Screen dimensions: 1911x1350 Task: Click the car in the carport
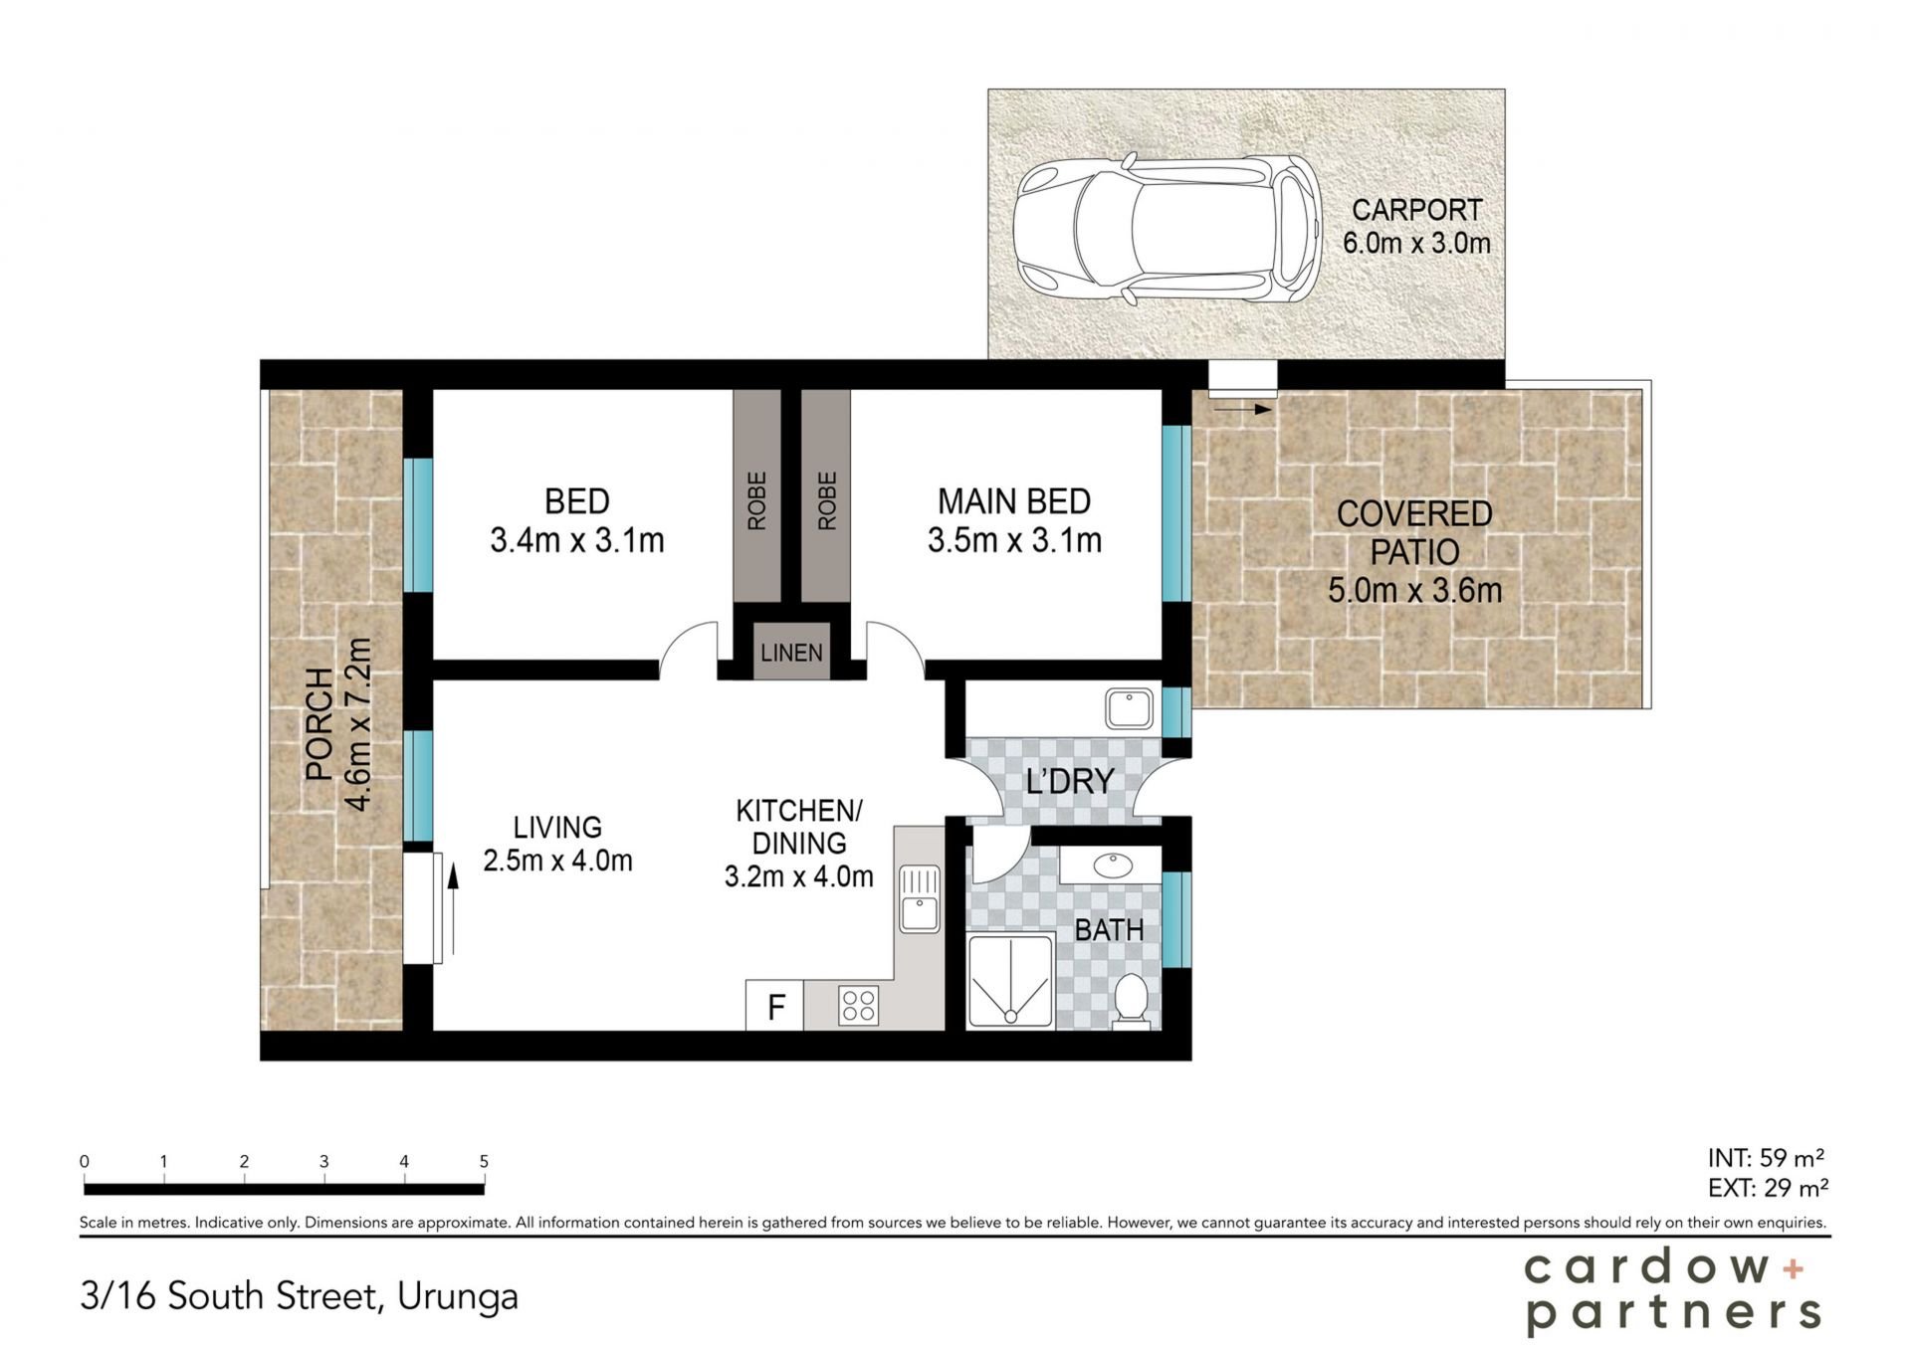(1168, 230)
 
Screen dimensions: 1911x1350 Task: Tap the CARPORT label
(1416, 210)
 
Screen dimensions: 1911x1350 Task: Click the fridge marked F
(775, 1006)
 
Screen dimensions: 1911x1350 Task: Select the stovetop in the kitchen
(858, 1005)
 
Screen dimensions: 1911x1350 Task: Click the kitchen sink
(919, 898)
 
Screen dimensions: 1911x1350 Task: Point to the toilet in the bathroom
(1130, 998)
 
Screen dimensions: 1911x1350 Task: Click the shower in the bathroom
(1010, 981)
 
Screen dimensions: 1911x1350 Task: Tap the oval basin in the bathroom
(1111, 865)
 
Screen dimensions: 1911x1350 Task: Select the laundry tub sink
(1129, 708)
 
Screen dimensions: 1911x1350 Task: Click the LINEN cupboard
(791, 653)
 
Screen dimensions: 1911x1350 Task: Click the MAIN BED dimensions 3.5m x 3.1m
(1014, 540)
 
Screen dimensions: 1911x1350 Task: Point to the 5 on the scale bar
(484, 1161)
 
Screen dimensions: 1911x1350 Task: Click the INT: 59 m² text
(1767, 1158)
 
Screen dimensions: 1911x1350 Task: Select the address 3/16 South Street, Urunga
(300, 1296)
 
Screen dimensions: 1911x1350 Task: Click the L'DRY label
(1069, 782)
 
